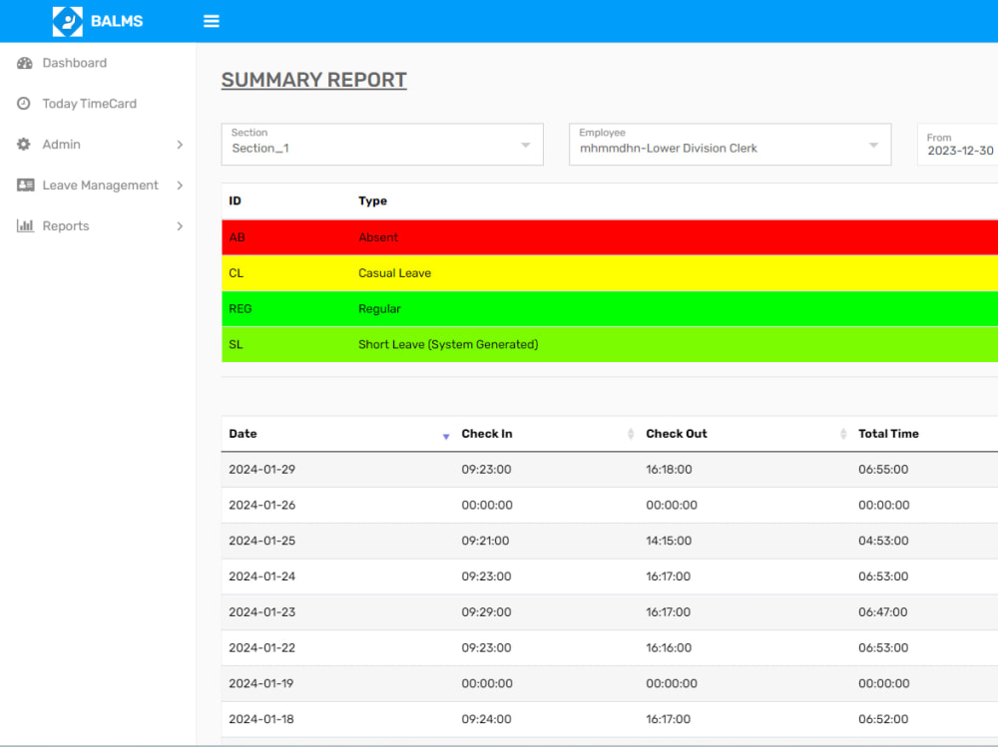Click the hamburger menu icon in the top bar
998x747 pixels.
click(212, 21)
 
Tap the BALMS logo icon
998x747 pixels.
click(68, 21)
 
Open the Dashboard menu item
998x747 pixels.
click(75, 63)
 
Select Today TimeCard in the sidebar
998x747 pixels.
click(89, 104)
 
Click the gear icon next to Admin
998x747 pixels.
click(24, 145)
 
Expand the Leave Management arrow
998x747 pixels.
click(180, 186)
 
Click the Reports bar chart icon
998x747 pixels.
click(25, 225)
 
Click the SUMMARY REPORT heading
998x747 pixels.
click(313, 80)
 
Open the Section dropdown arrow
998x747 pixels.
click(526, 145)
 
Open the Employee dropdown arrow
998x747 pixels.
click(874, 145)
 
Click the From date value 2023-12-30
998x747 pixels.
click(960, 151)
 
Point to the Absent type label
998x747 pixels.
click(378, 237)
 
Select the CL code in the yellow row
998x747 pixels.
click(237, 273)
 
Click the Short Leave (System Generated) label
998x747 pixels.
click(448, 344)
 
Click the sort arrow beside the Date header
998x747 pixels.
click(446, 436)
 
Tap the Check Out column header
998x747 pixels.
click(677, 433)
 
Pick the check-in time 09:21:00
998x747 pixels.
click(485, 541)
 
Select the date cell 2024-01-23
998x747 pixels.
click(262, 612)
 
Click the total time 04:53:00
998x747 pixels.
click(883, 541)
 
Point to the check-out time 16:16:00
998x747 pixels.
click(669, 647)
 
